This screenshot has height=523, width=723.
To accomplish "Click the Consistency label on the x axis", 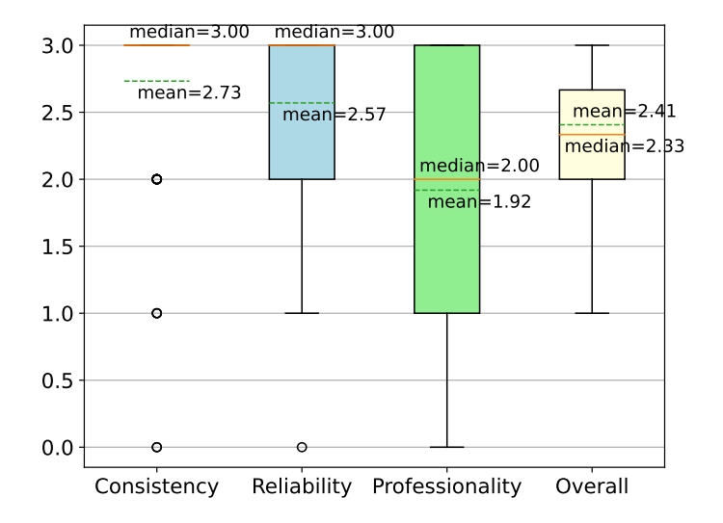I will pyautogui.click(x=157, y=486).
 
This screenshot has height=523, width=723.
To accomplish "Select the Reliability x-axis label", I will pyautogui.click(x=302, y=486).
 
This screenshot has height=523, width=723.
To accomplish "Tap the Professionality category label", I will pyautogui.click(x=446, y=486).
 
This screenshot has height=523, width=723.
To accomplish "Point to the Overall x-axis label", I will pyautogui.click(x=592, y=486).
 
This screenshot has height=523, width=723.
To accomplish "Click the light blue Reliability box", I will pyautogui.click(x=302, y=144).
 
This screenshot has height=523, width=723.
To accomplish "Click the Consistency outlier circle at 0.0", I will pyautogui.click(x=157, y=447).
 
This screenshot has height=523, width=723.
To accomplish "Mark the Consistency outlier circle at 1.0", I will pyautogui.click(x=157, y=313).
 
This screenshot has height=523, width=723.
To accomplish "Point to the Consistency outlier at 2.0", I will pyautogui.click(x=157, y=179).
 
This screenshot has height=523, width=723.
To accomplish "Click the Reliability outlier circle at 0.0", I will pyautogui.click(x=302, y=447).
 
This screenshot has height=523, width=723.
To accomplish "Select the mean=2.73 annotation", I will pyautogui.click(x=189, y=92).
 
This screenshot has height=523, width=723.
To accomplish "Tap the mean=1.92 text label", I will pyautogui.click(x=479, y=201).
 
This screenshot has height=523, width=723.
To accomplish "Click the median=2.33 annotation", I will pyautogui.click(x=610, y=146).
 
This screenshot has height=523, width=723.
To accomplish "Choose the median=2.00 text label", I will pyautogui.click(x=479, y=166).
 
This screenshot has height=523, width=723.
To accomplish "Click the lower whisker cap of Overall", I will pyautogui.click(x=592, y=313).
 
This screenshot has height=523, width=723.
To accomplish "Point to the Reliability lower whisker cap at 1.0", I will pyautogui.click(x=302, y=313).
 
